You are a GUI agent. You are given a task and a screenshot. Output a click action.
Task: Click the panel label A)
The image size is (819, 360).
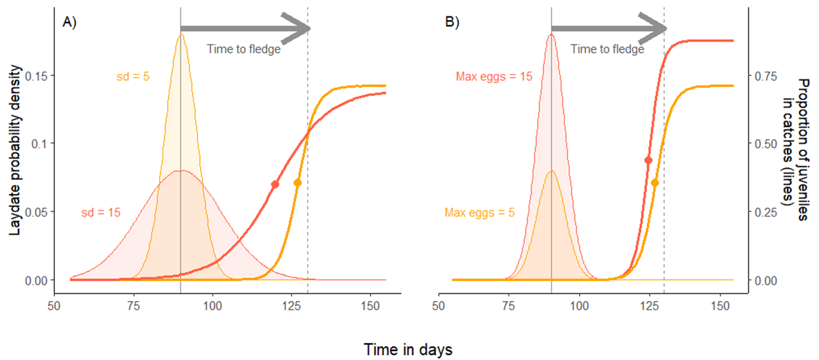click(70, 23)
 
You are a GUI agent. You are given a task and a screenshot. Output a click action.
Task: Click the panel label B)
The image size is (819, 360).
click(453, 23)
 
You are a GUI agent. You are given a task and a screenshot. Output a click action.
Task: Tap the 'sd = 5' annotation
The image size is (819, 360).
click(133, 77)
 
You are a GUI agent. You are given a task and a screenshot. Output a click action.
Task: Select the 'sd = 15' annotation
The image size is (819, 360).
click(101, 213)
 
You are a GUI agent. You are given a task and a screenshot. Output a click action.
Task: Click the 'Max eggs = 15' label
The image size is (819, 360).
click(494, 77)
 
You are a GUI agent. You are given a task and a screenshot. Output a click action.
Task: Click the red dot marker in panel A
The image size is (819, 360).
click(276, 184)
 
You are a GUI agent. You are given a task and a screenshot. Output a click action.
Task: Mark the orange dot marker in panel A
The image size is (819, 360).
click(297, 182)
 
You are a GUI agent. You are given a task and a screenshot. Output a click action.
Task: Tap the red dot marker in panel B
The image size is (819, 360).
click(648, 160)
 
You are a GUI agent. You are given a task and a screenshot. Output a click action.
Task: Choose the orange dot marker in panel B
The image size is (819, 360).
click(655, 182)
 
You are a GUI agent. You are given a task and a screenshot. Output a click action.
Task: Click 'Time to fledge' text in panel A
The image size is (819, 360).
click(244, 49)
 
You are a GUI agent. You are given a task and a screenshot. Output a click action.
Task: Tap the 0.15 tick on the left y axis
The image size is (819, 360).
click(34, 75)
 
